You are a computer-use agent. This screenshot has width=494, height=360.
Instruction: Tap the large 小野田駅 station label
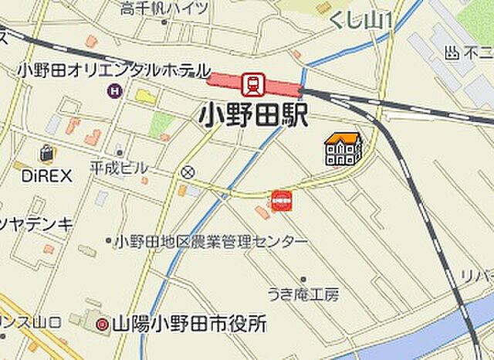pos(254,116)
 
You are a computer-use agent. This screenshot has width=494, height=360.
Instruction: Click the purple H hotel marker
pos(115,91)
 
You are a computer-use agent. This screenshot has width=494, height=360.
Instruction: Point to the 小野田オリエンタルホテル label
pos(113,70)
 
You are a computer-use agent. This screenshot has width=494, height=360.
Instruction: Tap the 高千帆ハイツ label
pos(164,8)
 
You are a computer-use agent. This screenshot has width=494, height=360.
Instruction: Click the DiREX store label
pos(46,175)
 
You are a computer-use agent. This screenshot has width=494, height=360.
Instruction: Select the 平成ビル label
pos(119,167)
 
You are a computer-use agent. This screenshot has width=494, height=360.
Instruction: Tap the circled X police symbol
pos(188,172)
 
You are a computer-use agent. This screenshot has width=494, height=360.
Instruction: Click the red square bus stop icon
pos(282,200)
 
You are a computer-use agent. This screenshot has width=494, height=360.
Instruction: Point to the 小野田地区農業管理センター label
pos(210,243)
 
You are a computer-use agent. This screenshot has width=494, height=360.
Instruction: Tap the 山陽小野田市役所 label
pos(189,324)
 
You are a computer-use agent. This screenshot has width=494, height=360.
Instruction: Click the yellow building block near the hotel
pos(145,97)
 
